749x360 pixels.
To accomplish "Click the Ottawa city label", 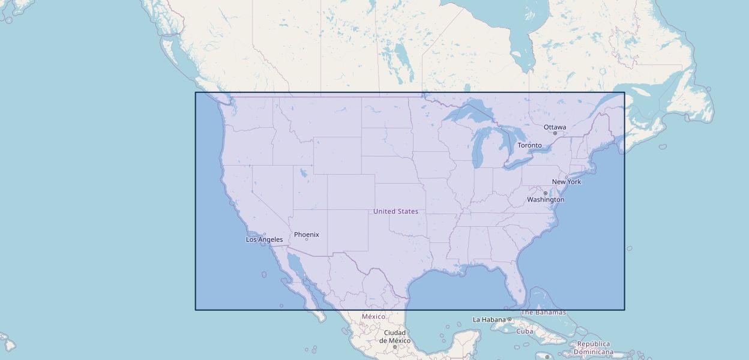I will tap(555, 127).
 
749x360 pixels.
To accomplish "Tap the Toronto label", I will tap(529, 145).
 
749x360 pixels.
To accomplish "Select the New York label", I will tap(567, 182).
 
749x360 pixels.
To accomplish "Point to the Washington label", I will tap(546, 200).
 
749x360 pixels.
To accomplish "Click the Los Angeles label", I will tap(264, 240).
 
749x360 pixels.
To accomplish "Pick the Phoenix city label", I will tap(306, 235).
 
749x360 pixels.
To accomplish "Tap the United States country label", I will tap(396, 211).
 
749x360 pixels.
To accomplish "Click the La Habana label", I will tap(489, 320).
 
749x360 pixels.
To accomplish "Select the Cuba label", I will tap(525, 331).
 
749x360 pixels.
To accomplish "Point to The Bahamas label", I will tap(543, 313).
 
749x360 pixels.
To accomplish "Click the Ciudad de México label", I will tap(395, 337).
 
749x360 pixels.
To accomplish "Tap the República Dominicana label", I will tap(594, 348).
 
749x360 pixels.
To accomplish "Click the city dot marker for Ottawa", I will tap(555, 133).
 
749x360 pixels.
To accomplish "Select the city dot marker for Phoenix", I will tap(307, 239).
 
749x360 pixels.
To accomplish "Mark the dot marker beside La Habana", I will tap(509, 320).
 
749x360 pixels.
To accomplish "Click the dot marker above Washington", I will tap(545, 193).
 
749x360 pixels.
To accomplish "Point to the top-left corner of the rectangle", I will tap(196, 92).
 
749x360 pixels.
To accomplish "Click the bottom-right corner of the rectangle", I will tap(624, 310).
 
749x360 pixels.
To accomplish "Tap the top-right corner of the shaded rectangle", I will tap(624, 92).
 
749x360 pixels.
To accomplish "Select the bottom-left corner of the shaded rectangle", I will tap(196, 310).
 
